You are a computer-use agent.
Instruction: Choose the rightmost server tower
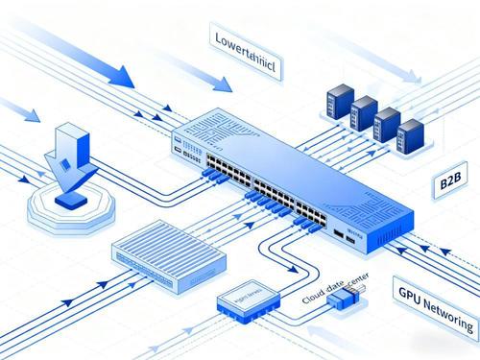(x=411, y=133)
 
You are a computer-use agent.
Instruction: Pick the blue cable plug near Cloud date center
(x=343, y=300)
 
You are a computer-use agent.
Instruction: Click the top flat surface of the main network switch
(x=288, y=158)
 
